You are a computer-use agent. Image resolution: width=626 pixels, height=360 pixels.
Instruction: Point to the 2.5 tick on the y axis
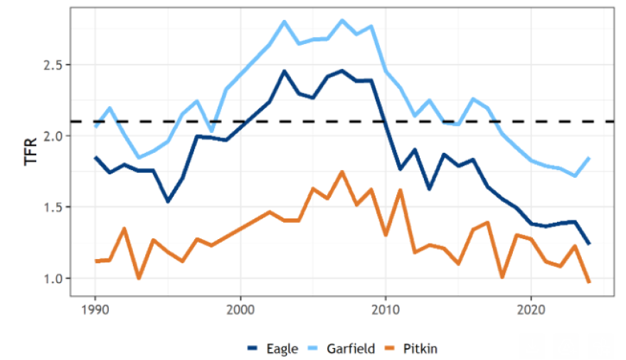[x=58, y=65]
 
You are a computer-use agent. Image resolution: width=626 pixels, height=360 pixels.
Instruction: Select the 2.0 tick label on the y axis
[x=58, y=136]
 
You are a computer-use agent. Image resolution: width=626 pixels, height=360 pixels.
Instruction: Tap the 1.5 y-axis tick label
[x=58, y=207]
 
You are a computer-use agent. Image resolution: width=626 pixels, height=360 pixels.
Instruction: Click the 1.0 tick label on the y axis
[x=58, y=278]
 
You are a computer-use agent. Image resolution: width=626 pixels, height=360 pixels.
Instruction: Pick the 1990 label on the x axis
[x=95, y=310]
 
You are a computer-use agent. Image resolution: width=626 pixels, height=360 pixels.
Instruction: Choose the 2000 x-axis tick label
[x=240, y=310]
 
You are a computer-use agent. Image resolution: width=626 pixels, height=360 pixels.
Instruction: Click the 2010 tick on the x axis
[x=386, y=310]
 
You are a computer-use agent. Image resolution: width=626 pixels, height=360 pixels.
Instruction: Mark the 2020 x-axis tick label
[x=531, y=310]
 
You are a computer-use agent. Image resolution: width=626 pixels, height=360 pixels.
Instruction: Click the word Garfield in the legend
[x=351, y=348]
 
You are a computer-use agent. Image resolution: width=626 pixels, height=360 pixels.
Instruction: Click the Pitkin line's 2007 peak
[x=342, y=171]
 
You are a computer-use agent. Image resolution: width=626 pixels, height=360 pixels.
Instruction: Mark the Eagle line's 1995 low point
[x=168, y=201]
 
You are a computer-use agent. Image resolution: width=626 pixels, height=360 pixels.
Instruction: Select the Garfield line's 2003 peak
[x=284, y=21]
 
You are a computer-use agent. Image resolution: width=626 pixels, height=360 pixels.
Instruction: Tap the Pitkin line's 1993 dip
[x=139, y=278]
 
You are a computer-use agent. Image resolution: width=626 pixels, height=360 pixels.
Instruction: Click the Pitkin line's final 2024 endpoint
[x=589, y=282]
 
